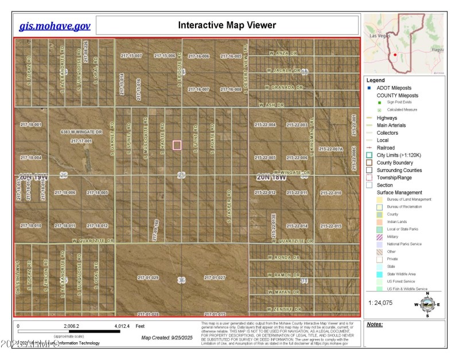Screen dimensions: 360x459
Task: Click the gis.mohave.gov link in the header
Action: (55, 26)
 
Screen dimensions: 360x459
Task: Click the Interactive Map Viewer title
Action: (227, 25)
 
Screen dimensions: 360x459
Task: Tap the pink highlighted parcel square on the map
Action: (177, 145)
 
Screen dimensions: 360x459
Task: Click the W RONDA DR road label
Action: (285, 258)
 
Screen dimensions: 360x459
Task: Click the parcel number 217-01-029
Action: (147, 277)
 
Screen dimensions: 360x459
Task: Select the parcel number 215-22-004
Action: (265, 124)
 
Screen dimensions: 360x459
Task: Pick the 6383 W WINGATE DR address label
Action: (81, 132)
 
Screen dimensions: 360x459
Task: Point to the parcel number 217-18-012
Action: (97, 226)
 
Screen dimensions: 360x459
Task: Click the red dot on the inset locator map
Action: (395, 55)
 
